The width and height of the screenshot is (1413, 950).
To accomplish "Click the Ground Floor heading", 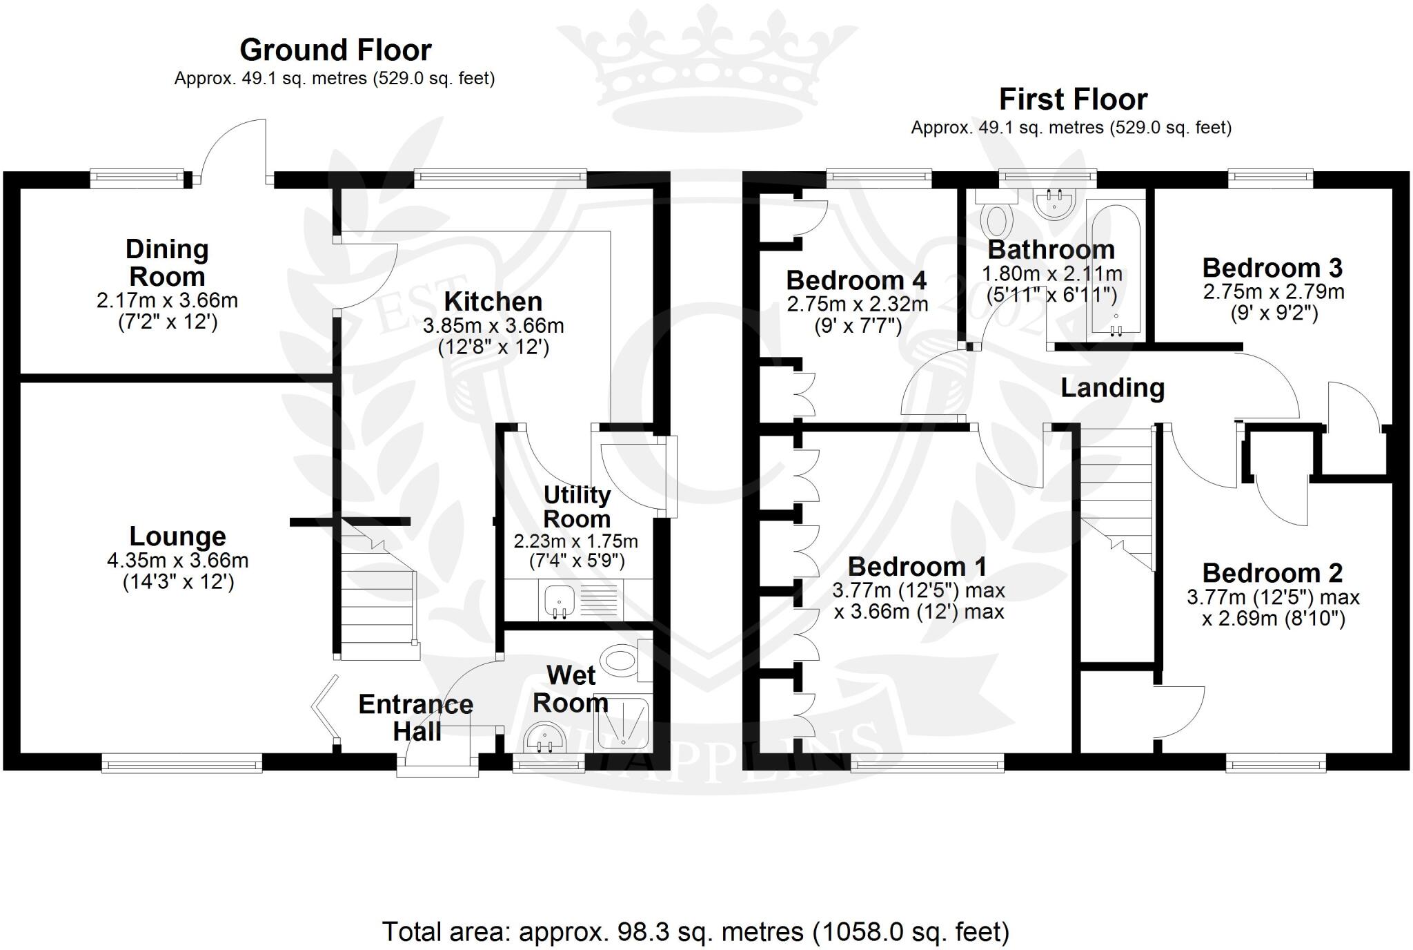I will [x=335, y=50].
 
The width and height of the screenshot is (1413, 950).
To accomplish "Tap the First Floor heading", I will [x=1073, y=99].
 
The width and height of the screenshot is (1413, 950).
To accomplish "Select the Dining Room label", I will [x=167, y=262].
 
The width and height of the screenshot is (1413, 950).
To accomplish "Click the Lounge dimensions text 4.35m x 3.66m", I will [x=178, y=560].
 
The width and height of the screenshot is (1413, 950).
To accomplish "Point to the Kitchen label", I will [x=493, y=302].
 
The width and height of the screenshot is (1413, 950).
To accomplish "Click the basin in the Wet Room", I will [x=545, y=739].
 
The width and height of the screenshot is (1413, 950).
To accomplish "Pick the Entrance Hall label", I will [x=416, y=717].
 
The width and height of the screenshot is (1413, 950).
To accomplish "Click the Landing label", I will [x=1112, y=388].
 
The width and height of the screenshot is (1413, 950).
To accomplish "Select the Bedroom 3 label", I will [x=1272, y=268].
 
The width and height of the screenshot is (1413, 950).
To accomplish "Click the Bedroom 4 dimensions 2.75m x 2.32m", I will [x=858, y=304].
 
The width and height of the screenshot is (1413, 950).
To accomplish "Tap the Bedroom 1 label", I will [x=917, y=567].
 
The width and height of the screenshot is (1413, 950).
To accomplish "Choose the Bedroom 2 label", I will [x=1272, y=573].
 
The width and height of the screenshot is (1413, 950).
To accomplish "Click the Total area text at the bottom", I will [x=695, y=932].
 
